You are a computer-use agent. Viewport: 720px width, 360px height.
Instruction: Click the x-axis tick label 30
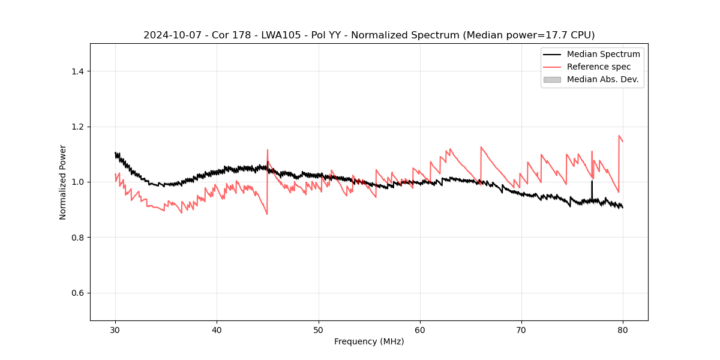115,329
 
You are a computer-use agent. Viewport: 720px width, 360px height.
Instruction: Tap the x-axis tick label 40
217,329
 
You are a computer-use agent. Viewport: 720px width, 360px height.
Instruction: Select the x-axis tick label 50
319,329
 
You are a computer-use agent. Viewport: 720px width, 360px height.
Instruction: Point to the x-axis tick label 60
420,329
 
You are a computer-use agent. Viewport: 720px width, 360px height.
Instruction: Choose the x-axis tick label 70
521,329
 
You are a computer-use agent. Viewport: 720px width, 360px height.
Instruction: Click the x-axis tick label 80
623,329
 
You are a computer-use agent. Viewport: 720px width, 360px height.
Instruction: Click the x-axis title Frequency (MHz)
369,341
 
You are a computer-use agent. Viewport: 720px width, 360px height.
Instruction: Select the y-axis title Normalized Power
63,182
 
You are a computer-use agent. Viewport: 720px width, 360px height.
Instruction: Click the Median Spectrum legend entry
603,54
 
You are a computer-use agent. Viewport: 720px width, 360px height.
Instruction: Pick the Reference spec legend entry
598,67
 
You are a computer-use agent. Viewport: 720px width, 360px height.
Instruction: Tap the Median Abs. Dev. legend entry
602,79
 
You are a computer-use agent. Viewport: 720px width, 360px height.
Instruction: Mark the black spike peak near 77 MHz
592,181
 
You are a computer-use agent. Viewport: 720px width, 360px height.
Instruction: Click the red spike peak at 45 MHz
268,150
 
